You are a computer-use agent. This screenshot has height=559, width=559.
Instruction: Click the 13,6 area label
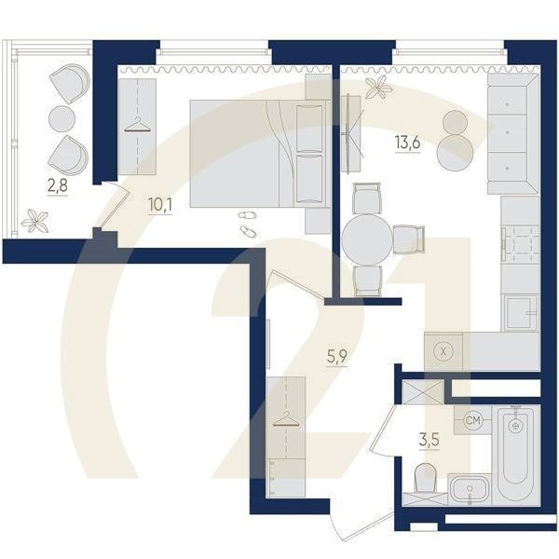coord(407,143)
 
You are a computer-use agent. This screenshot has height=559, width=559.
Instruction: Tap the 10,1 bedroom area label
coord(160,205)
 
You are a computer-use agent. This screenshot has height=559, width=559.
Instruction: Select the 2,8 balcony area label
coord(58,185)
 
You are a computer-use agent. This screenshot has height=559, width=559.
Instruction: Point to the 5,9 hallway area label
coord(337,357)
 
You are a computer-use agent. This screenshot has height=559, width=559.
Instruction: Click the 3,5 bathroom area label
coord(429,441)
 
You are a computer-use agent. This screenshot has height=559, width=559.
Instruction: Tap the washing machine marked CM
coord(473,420)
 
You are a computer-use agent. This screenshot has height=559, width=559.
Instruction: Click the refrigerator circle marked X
coord(443,351)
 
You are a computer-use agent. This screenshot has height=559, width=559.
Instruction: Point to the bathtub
coord(515,455)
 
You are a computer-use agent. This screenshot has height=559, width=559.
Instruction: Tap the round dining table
coord(366,239)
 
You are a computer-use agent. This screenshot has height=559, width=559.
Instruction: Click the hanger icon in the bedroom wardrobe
coord(137,125)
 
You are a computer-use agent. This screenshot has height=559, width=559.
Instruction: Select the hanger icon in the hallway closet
coord(286,419)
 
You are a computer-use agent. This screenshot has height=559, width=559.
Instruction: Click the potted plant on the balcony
coord(34,222)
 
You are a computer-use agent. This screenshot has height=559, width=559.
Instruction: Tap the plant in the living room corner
coord(379,87)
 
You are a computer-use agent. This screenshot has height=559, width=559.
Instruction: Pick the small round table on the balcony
coord(61,118)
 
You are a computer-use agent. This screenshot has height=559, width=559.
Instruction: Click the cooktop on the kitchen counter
coord(520,244)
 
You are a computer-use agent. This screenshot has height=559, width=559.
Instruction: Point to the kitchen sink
coord(520,312)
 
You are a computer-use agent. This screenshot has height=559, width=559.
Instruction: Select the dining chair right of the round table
coord(409,239)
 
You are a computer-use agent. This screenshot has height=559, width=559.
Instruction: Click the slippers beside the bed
coord(248,224)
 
